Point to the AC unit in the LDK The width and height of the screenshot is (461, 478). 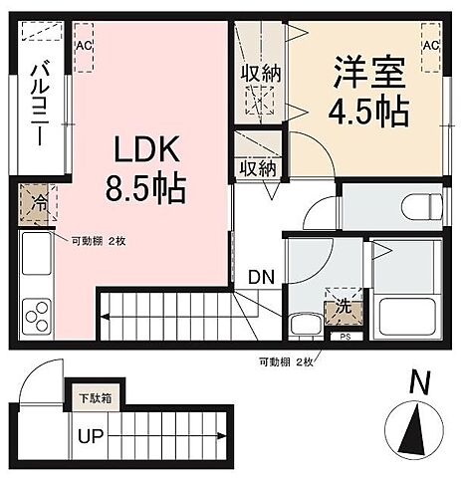(84, 47)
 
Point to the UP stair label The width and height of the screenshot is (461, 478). (92, 435)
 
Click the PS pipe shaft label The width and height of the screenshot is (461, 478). (346, 337)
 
